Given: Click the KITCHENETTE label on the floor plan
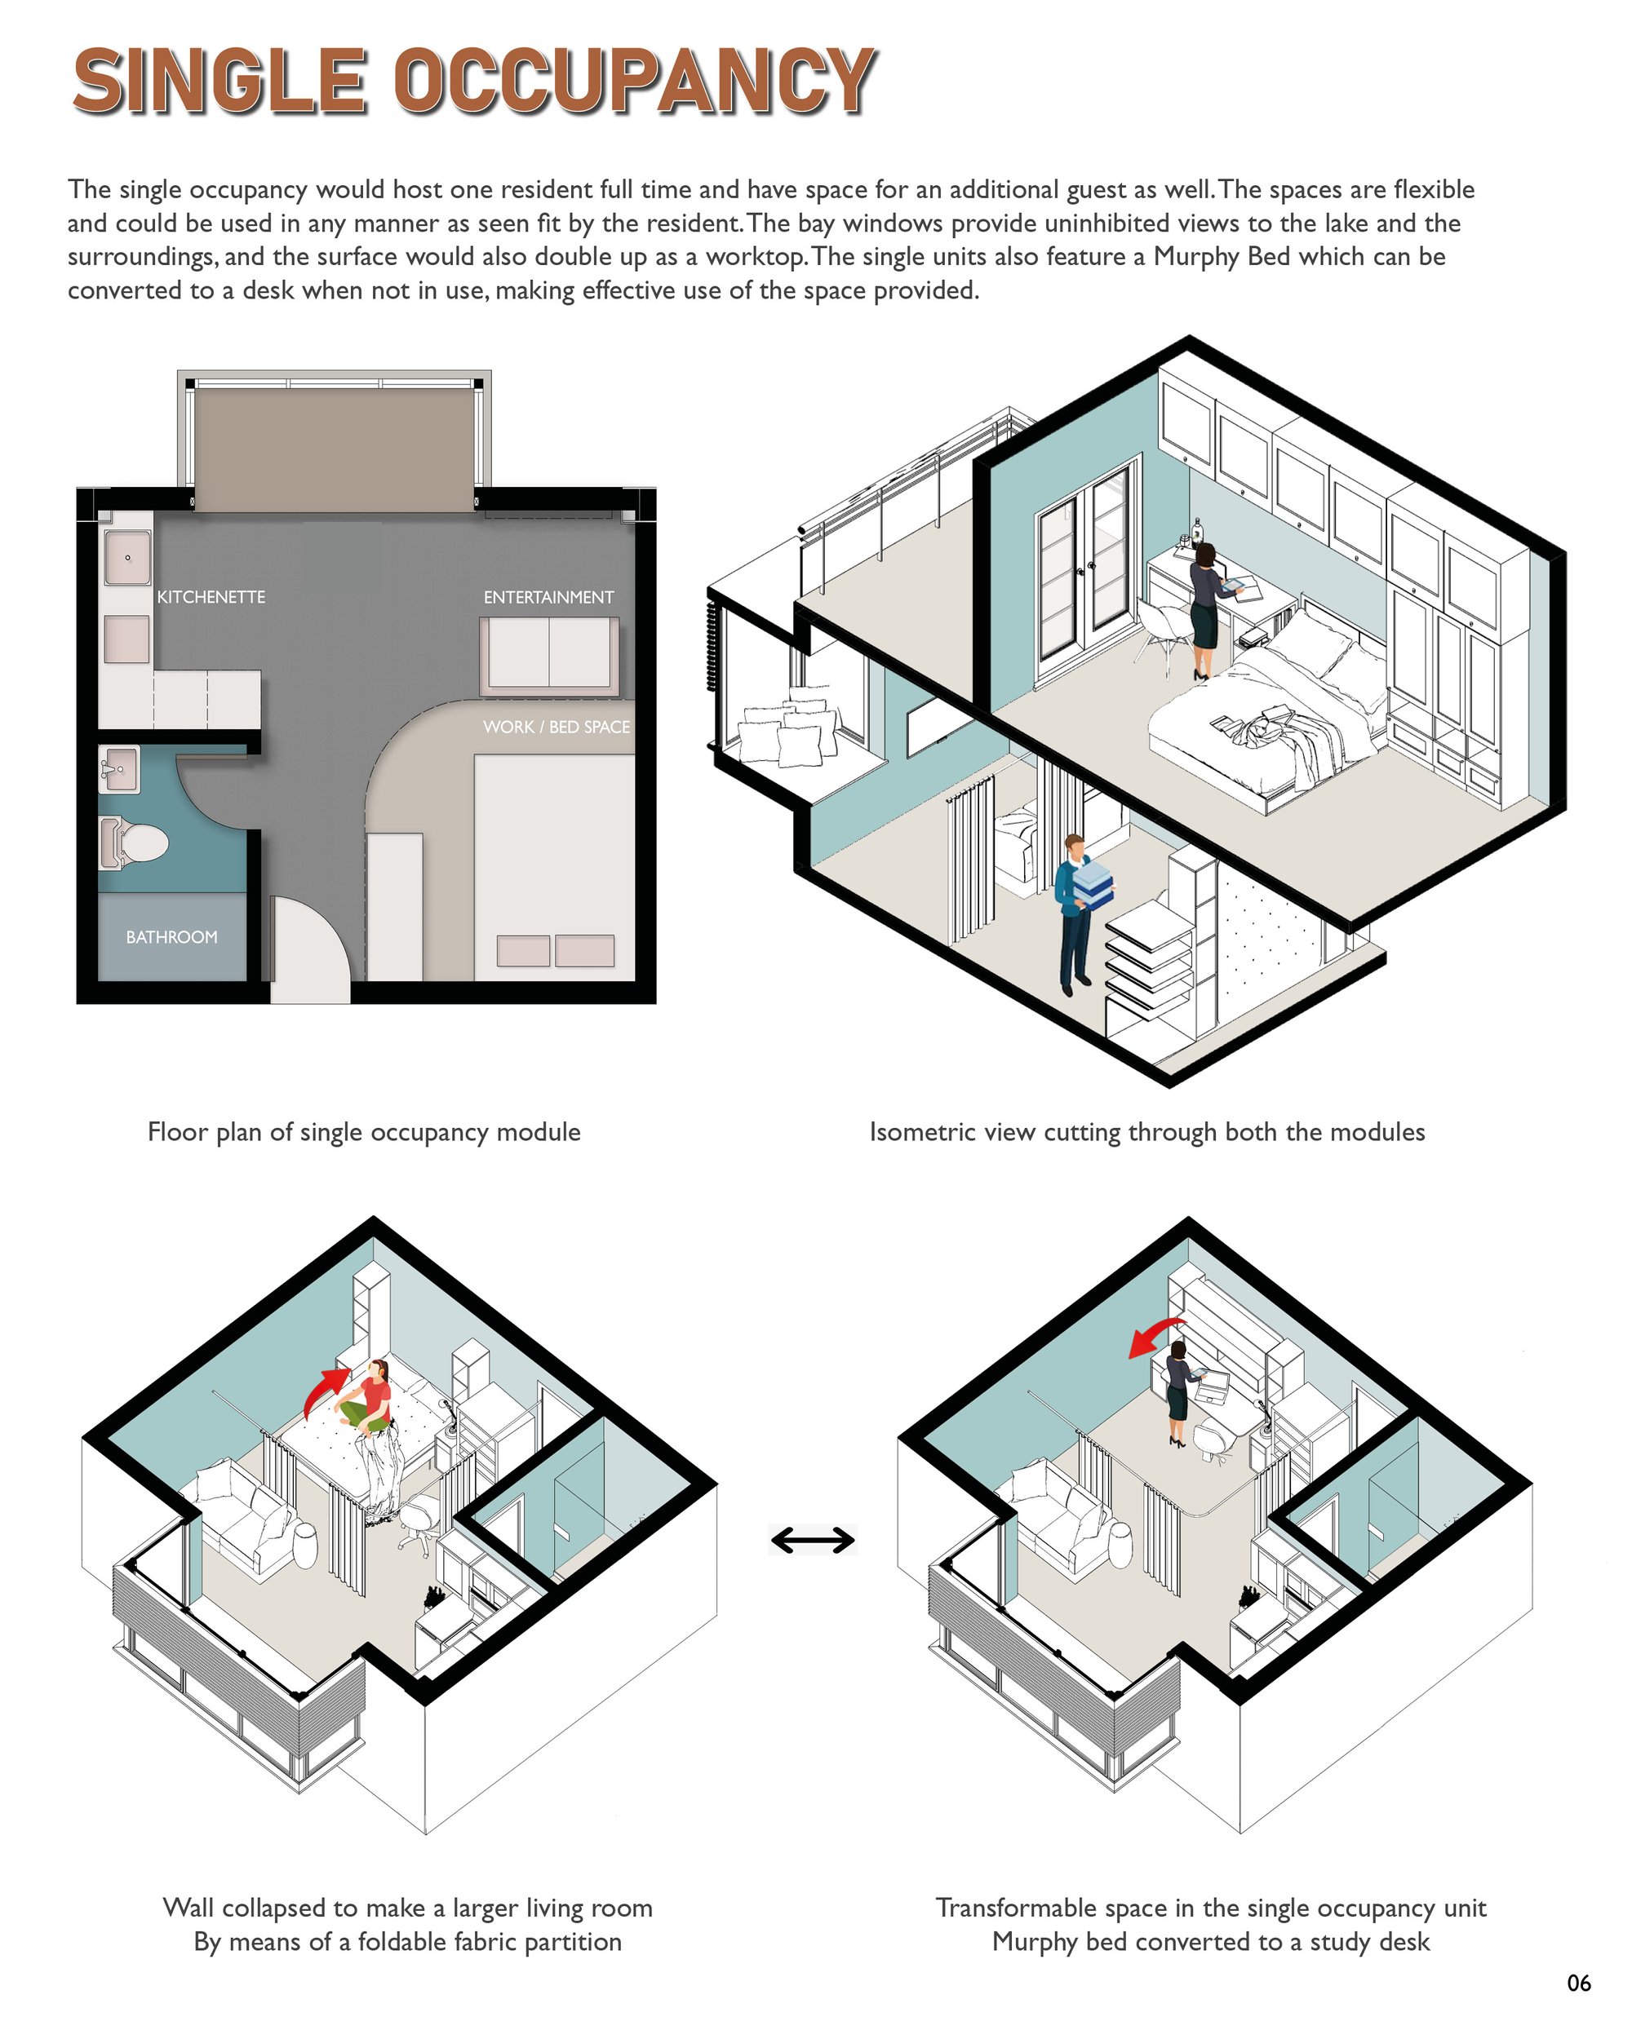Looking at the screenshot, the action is click(211, 598).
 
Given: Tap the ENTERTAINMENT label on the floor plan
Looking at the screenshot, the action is click(548, 598).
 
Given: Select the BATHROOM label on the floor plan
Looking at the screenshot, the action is click(171, 937).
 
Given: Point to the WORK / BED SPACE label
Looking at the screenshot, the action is click(557, 728).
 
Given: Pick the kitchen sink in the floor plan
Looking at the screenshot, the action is click(126, 558).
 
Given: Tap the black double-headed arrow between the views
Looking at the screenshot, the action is click(813, 1541).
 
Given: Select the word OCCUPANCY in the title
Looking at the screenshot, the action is click(635, 81).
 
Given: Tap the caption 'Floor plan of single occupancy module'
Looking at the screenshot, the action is click(364, 1132).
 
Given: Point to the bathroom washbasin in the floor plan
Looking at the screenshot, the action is click(119, 769).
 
